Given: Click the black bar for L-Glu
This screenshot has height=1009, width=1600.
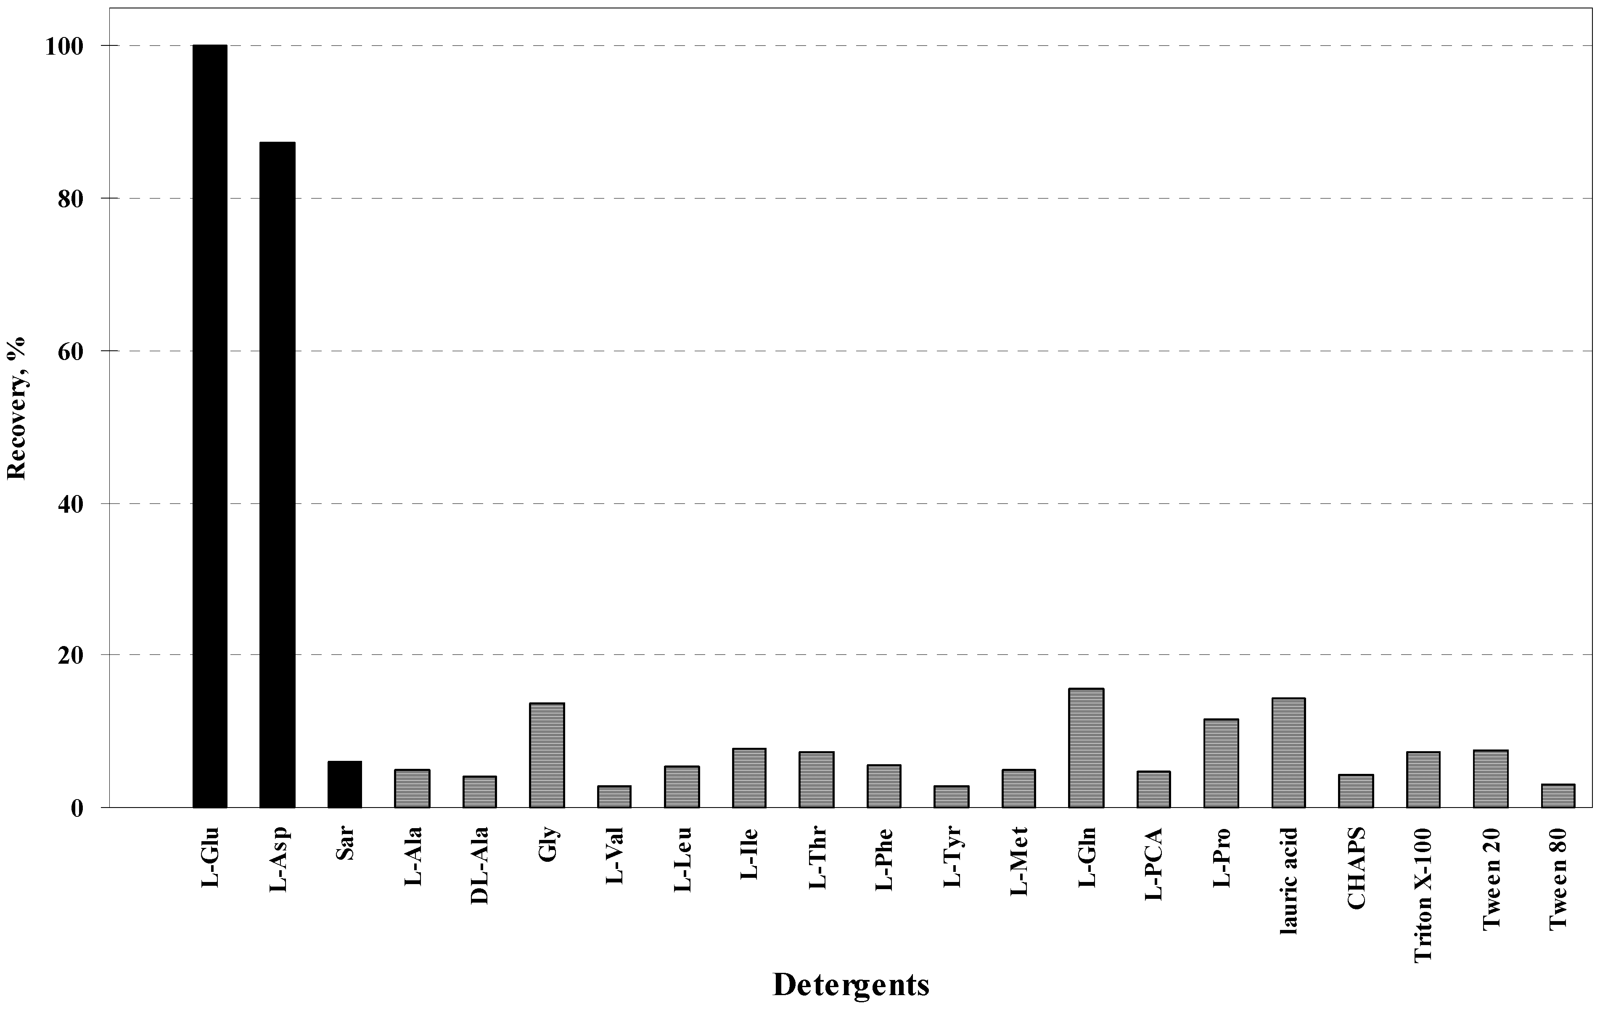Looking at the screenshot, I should click(210, 425).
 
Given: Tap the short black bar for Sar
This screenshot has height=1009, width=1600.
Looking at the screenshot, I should click(344, 785).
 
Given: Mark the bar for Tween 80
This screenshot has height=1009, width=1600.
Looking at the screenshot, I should click(1558, 796).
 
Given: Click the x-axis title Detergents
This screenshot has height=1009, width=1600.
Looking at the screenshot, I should click(851, 985).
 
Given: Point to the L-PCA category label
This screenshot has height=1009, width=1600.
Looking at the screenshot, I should click(1153, 863).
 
